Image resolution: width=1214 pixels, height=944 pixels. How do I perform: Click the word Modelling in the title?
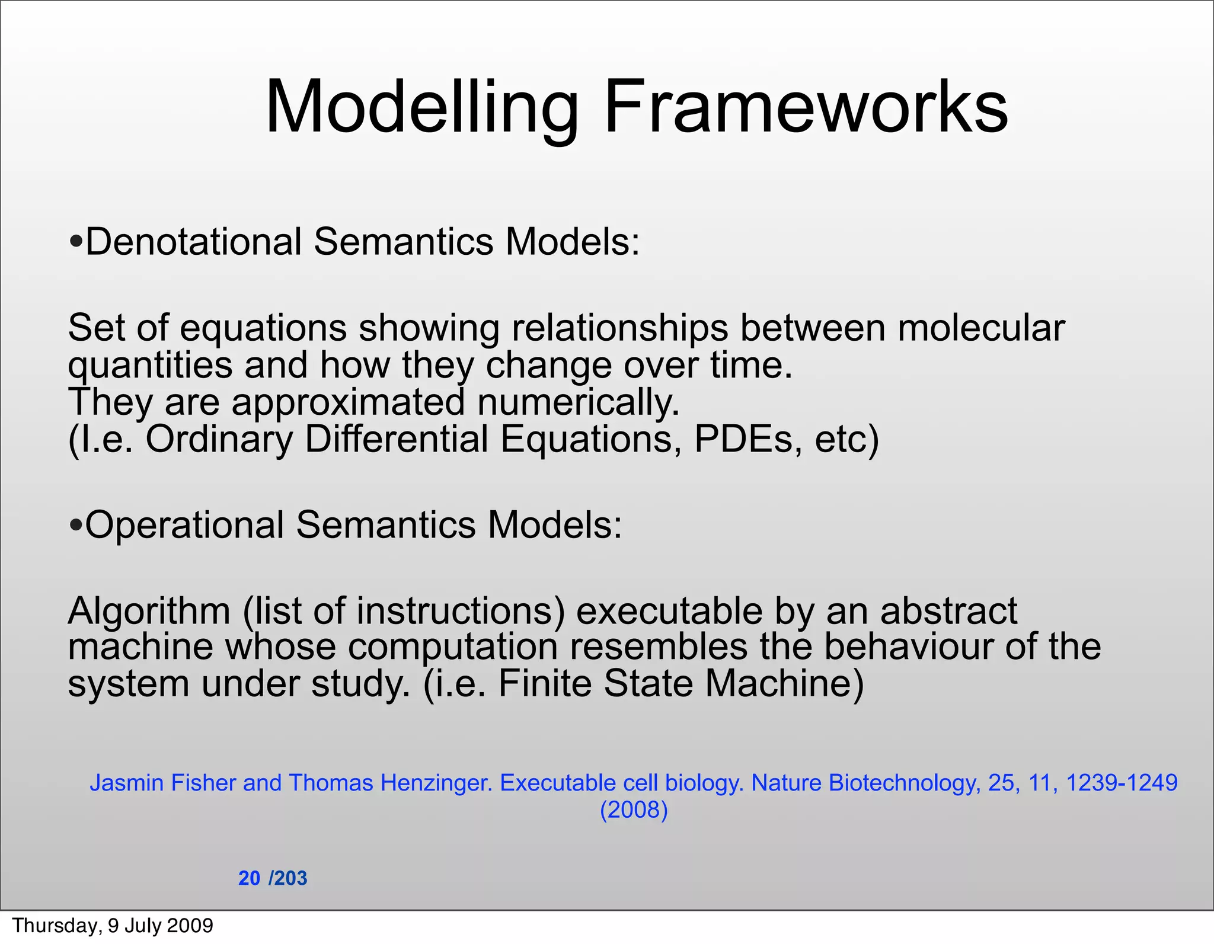[421, 108]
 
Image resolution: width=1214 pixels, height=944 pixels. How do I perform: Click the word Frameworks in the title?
[806, 108]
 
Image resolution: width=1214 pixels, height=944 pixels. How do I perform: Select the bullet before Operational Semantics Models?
[75, 525]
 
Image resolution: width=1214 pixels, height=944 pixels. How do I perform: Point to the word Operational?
[184, 525]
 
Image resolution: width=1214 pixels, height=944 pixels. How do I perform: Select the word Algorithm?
[149, 611]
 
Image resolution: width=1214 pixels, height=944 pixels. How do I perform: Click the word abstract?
[948, 611]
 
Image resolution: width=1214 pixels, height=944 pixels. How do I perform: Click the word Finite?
[545, 683]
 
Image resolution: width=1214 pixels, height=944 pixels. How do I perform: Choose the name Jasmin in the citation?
[126, 783]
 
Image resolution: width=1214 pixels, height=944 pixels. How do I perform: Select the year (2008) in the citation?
[634, 810]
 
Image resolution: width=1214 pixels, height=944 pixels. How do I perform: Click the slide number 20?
[249, 878]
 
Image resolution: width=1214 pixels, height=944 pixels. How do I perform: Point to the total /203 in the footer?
[288, 878]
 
